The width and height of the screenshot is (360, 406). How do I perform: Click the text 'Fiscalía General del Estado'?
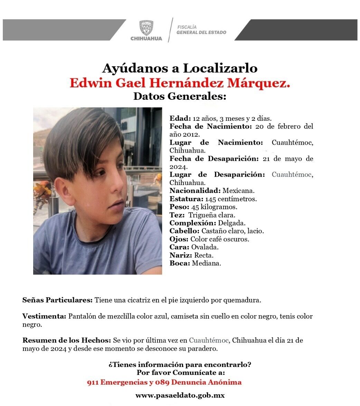coord(201,30)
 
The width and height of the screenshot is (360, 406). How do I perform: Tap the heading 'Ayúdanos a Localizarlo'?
coord(180,68)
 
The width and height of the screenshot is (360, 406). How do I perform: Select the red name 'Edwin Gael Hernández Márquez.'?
coord(180,83)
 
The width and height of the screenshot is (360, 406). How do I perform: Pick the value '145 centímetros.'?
coord(231,199)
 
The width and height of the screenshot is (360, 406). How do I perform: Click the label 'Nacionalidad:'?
coord(195,191)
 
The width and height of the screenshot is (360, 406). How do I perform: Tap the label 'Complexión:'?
coord(192,223)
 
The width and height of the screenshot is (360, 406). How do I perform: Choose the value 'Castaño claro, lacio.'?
coord(233,231)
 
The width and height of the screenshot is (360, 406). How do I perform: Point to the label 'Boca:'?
coord(180,263)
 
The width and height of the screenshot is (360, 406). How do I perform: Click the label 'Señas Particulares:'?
coord(57,300)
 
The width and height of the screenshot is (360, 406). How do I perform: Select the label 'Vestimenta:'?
coord(44,316)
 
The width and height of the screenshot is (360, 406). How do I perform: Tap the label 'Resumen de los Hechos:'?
coord(67,340)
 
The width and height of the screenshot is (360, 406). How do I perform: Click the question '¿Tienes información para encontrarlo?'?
coord(180,365)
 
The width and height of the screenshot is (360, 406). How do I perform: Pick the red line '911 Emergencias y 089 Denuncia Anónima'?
coord(164,382)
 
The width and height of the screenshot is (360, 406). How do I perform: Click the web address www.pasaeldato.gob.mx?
coord(180,396)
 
